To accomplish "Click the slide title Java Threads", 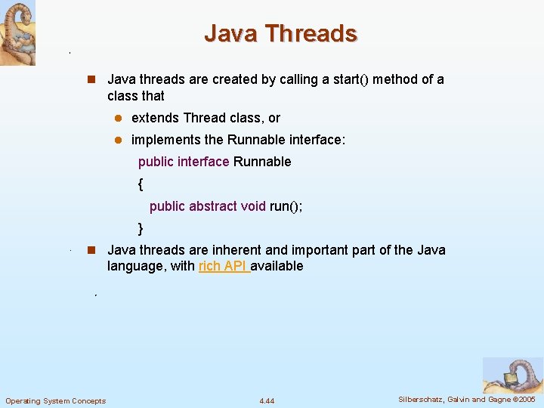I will tap(280, 33).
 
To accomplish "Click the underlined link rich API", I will tap(224, 266).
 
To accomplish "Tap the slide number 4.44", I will tap(267, 400).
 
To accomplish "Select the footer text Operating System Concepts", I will tap(56, 400).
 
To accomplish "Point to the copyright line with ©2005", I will tap(467, 399).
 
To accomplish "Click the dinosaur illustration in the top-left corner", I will tap(18, 33).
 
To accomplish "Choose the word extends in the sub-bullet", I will tap(156, 118).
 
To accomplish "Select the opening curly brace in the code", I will tap(141, 184).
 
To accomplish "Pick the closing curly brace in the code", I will tap(141, 228).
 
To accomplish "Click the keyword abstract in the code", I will tap(214, 206).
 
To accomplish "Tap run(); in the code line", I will tap(286, 206).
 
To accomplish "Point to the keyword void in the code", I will tap(252, 206).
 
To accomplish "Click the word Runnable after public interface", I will tap(262, 162).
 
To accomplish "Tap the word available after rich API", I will tap(279, 266).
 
